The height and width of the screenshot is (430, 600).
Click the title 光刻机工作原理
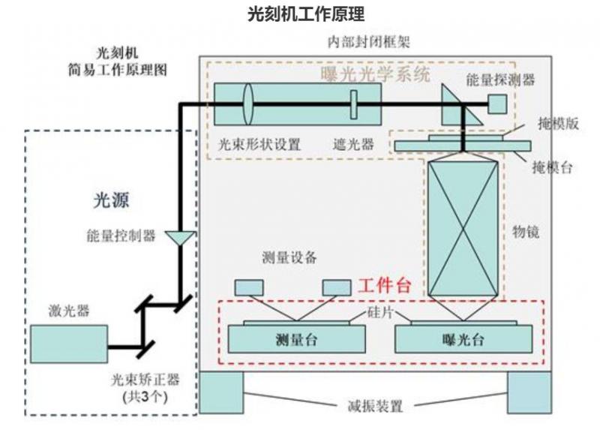300,14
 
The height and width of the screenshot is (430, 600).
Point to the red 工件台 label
385,286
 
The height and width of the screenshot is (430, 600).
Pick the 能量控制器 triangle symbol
180,238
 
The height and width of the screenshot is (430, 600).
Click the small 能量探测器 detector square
499,104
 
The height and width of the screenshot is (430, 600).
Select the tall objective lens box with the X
463,230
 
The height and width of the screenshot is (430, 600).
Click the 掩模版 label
558,125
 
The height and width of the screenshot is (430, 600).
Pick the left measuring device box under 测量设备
249,287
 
